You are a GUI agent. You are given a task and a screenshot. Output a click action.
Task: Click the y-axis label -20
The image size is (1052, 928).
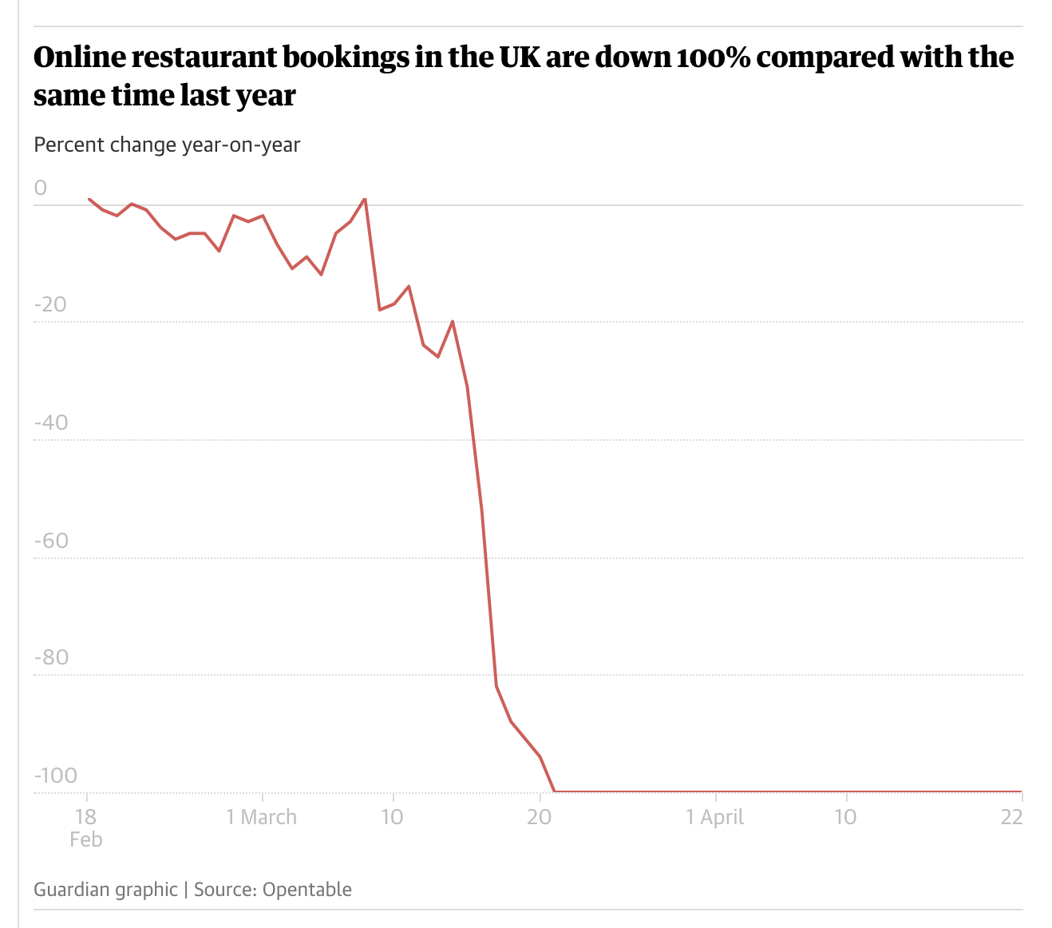(50, 305)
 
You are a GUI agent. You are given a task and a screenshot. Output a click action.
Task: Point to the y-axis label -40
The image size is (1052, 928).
(50, 422)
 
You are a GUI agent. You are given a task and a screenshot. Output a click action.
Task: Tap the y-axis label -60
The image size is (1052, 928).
(50, 541)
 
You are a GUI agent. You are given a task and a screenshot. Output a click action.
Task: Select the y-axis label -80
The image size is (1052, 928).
(50, 658)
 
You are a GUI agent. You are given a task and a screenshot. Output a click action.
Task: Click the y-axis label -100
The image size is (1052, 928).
(55, 775)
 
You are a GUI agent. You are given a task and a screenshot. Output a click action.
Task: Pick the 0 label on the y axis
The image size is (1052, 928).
(41, 188)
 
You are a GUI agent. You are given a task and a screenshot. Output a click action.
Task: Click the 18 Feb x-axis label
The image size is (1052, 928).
(86, 827)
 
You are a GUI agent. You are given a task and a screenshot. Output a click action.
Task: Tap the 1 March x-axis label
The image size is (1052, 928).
(261, 818)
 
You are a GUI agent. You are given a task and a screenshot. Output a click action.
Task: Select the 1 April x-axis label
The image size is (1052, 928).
(715, 818)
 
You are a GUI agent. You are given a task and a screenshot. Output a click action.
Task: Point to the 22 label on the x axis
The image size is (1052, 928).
(1011, 818)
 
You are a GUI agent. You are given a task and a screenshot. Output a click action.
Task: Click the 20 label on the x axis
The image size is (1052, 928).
(540, 818)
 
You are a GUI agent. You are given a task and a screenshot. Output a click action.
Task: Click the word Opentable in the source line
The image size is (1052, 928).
(307, 890)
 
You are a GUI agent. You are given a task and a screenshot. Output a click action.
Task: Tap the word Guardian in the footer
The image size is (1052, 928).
(67, 890)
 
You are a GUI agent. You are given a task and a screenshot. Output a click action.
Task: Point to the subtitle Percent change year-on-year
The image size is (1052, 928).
(167, 145)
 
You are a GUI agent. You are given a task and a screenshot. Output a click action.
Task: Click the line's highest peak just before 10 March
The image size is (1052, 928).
(365, 198)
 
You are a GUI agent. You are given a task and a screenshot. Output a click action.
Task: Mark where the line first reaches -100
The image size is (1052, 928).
(555, 791)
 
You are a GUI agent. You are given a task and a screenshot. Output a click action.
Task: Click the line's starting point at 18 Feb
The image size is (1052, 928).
(88, 199)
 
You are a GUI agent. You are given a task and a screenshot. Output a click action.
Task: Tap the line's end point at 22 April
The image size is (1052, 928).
(1021, 791)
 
